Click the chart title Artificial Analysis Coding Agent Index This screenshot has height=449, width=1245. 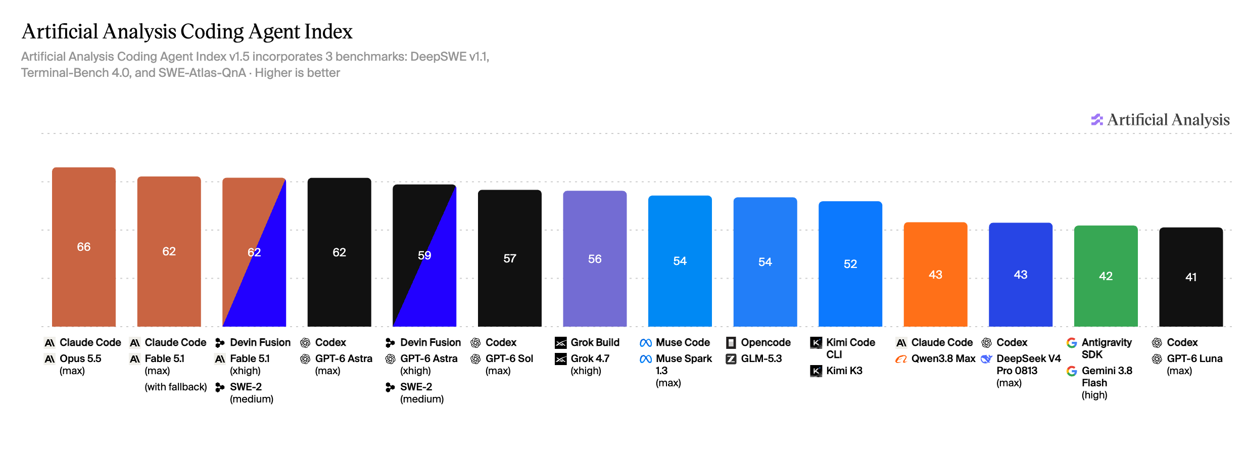tap(187, 31)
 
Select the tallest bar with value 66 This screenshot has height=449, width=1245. tap(84, 247)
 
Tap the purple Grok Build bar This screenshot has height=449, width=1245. tap(595, 258)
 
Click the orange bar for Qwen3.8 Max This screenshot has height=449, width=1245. tap(935, 274)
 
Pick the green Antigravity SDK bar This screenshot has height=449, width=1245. tap(1106, 276)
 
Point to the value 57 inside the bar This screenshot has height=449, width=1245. tap(510, 258)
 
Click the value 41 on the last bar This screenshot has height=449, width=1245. tap(1191, 277)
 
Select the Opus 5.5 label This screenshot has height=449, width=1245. tap(80, 358)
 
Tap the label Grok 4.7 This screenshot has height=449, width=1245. tap(590, 358)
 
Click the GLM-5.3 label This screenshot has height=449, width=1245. tap(761, 358)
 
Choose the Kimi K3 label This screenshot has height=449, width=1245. tap(844, 371)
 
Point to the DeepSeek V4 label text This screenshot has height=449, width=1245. tap(1029, 358)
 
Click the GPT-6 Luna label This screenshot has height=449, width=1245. tap(1194, 358)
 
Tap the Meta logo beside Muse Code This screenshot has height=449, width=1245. tap(645, 343)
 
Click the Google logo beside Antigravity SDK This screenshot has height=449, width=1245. tap(1071, 343)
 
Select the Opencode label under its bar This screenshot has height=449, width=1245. tap(765, 342)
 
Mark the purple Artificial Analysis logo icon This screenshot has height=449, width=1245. tap(1096, 119)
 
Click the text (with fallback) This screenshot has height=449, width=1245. tap(176, 387)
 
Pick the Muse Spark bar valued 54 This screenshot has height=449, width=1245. tap(680, 261)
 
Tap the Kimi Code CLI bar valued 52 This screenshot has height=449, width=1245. tap(850, 263)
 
